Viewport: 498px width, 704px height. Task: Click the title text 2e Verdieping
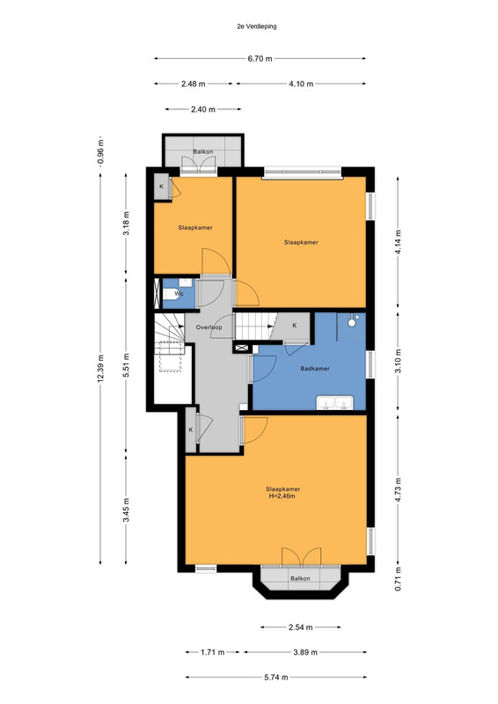click(x=257, y=26)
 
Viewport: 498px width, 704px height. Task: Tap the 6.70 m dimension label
click(x=260, y=58)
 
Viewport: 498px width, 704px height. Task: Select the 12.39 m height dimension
click(x=100, y=369)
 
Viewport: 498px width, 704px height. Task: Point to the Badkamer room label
click(x=315, y=369)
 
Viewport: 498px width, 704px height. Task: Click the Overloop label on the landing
click(x=209, y=327)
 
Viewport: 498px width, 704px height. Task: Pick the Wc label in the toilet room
click(x=179, y=294)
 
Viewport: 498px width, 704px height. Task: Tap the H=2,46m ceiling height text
click(x=282, y=496)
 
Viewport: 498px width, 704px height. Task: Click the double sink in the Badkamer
click(x=335, y=403)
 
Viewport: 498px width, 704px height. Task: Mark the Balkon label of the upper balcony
click(x=203, y=151)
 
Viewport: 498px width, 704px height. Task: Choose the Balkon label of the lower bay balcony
click(x=300, y=578)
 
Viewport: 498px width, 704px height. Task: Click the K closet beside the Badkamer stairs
click(x=295, y=326)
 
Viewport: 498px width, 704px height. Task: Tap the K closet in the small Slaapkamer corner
click(x=162, y=187)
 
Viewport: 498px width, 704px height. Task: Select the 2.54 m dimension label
click(x=300, y=627)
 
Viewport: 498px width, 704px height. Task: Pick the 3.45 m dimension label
click(x=127, y=510)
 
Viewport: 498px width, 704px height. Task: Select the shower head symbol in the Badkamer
click(x=352, y=321)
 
